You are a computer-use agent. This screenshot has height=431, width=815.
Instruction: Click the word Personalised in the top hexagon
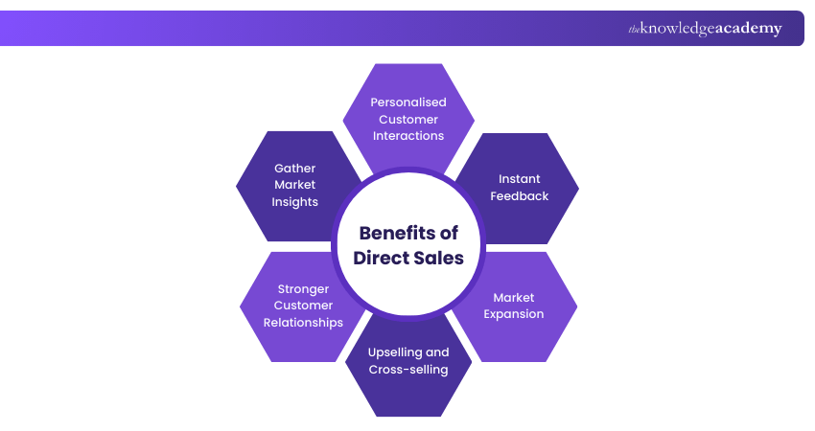click(408, 102)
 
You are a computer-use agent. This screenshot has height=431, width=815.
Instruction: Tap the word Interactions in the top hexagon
click(408, 136)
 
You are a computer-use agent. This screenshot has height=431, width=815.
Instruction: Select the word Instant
click(520, 178)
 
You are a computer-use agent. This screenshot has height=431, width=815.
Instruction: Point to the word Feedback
click(520, 195)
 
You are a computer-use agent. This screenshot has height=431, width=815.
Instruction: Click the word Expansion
click(514, 314)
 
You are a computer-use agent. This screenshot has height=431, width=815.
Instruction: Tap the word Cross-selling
click(408, 370)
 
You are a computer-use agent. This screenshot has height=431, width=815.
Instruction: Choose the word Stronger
click(303, 288)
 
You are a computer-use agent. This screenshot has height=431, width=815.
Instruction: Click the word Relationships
click(303, 323)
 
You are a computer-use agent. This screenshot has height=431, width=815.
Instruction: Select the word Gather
click(295, 168)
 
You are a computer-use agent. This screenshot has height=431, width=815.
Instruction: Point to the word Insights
click(295, 202)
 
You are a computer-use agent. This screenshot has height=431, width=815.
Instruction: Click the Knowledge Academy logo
click(705, 29)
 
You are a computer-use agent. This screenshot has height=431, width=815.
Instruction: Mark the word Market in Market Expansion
click(514, 297)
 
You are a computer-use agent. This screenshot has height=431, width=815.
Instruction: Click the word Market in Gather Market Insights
click(295, 185)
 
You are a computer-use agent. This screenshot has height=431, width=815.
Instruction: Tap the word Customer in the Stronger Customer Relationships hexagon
click(303, 306)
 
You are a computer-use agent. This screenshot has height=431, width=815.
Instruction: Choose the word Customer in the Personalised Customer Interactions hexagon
click(408, 119)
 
